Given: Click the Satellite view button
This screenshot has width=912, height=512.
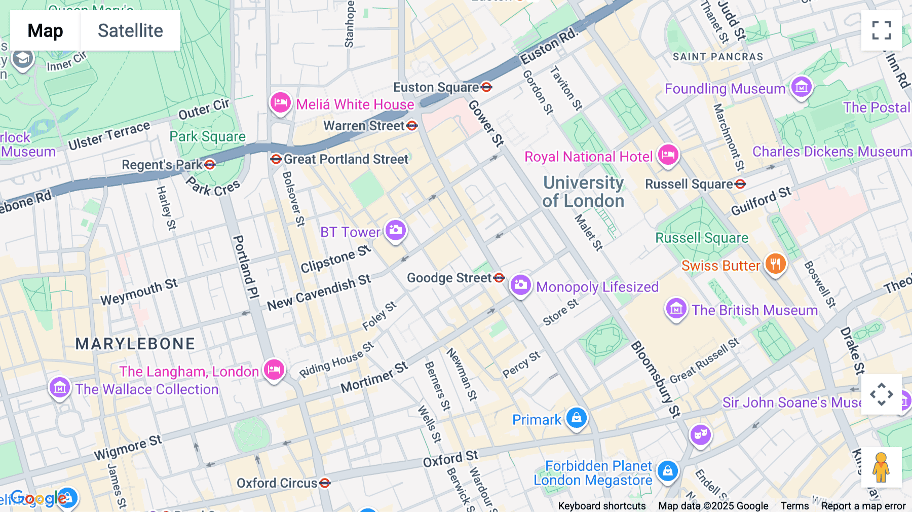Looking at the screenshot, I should [x=130, y=30].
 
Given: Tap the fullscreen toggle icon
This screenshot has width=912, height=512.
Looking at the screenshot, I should [x=881, y=30].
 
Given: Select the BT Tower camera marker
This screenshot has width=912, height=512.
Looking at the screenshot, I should [x=396, y=230].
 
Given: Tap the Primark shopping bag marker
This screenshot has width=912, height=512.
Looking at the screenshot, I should [x=576, y=418].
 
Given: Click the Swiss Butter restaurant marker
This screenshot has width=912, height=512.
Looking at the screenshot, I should [x=775, y=264].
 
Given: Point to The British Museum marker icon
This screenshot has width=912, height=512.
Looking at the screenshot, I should [x=676, y=308].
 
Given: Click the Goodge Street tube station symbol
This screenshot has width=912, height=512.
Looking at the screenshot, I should [x=499, y=277].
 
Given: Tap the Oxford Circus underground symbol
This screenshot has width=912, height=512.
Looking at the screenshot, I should [x=325, y=483].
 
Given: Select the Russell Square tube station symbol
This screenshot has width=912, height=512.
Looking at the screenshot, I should [x=740, y=184].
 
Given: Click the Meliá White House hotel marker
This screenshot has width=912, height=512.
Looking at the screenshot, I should [x=280, y=103].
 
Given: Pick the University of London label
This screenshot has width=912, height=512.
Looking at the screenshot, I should [x=583, y=192].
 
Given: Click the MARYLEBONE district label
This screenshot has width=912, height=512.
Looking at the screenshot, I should [x=135, y=344].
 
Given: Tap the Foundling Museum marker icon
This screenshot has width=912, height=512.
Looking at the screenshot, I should [x=801, y=88].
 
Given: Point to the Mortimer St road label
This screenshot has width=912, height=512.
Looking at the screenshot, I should [x=374, y=378].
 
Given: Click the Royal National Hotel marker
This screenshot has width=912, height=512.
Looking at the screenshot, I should [x=668, y=155].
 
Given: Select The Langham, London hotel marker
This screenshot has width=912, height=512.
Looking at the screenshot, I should [x=274, y=370].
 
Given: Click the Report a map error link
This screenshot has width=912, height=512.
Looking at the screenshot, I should [x=863, y=506].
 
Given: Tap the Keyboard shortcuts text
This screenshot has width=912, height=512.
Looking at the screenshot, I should [x=601, y=506].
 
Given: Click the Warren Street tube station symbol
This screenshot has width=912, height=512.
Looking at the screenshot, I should [x=412, y=125].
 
